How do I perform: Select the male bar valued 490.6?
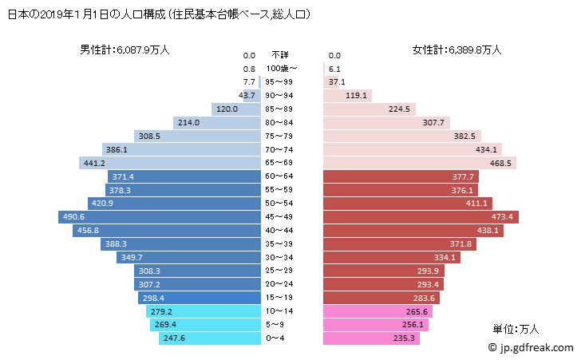(x=160, y=217)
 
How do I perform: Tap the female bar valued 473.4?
(x=421, y=217)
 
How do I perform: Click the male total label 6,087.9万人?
(x=125, y=49)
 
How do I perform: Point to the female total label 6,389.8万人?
(x=457, y=49)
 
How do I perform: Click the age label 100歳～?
(x=283, y=69)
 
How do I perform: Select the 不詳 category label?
(x=279, y=55)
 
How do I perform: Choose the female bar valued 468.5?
(x=420, y=163)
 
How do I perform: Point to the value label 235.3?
(x=405, y=338)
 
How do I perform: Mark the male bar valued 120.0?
(x=237, y=109)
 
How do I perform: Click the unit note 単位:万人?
(x=516, y=328)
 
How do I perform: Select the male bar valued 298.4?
(x=201, y=298)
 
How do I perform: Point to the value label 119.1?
(x=357, y=96)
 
